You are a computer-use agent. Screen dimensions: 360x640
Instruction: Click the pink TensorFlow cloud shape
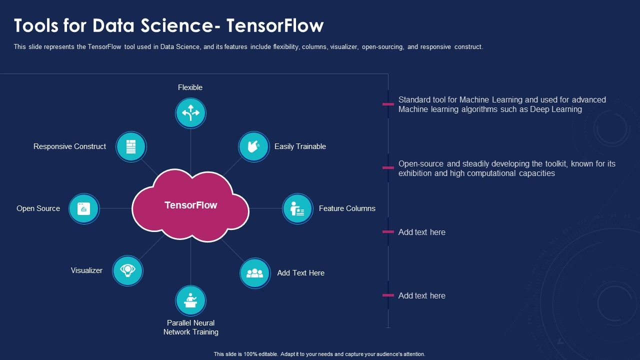click(190, 205)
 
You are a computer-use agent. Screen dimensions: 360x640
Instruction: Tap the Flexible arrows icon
click(190, 113)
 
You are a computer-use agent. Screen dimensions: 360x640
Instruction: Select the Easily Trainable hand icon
click(253, 146)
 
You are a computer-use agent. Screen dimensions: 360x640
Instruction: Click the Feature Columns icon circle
click(297, 208)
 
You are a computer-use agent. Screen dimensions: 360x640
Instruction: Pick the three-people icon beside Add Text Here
click(254, 273)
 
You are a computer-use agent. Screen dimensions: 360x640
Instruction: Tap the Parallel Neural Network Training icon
click(190, 300)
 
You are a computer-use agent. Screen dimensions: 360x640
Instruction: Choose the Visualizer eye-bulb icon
click(127, 270)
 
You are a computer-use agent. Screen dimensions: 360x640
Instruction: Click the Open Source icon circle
click(84, 208)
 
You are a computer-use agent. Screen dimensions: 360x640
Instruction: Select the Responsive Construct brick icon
click(131, 146)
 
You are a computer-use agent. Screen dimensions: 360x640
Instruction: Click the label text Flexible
click(190, 87)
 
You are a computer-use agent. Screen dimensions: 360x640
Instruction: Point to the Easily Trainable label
click(300, 146)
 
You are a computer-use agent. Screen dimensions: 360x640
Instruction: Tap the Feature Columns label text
click(347, 208)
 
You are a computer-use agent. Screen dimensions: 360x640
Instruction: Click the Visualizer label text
click(86, 270)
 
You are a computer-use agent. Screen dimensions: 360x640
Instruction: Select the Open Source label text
click(38, 208)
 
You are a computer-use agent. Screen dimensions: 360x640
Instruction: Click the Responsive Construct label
click(69, 146)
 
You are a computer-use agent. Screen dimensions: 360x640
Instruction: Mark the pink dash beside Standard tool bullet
click(388, 104)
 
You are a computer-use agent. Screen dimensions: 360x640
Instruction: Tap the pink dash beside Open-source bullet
click(388, 168)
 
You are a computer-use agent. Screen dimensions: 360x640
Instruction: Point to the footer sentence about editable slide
click(319, 354)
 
